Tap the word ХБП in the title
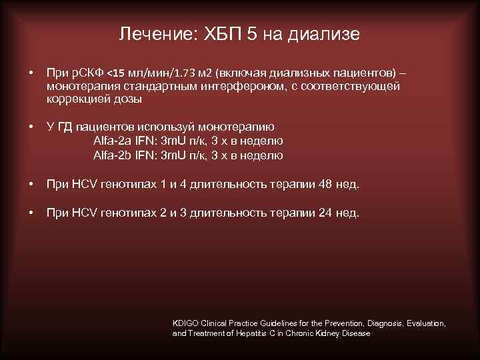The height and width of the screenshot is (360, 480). click(224, 34)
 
